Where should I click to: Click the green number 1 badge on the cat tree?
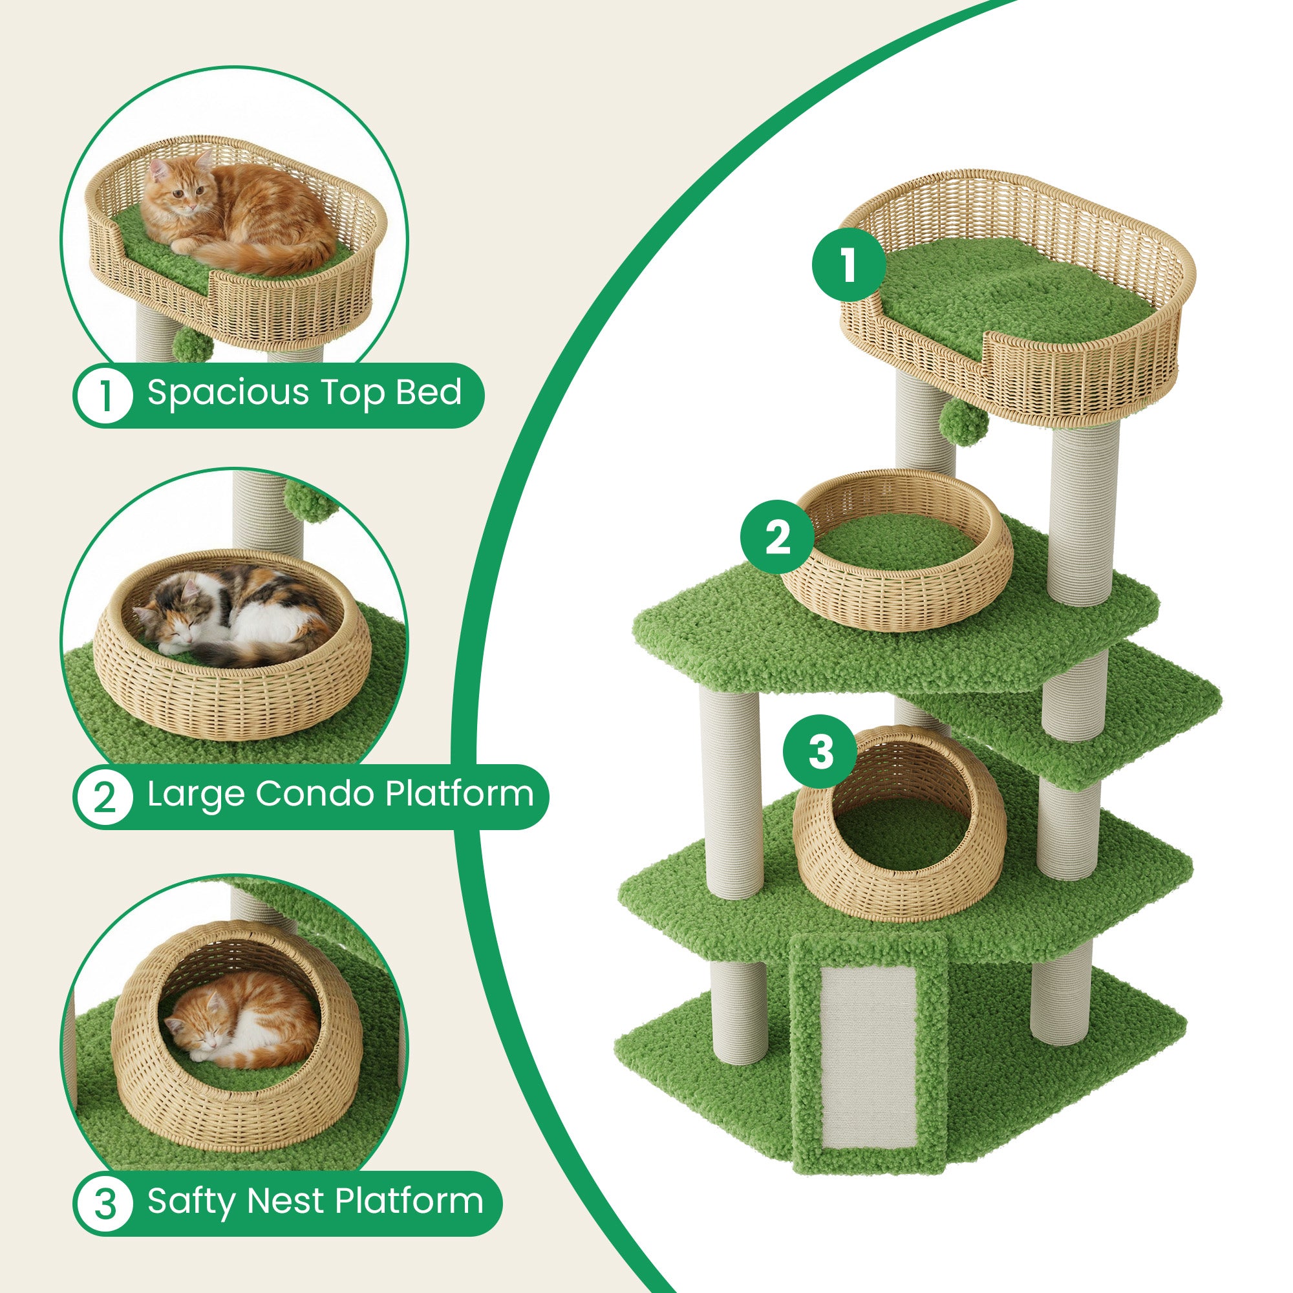point(849,265)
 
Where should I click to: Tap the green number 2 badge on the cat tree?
point(777,537)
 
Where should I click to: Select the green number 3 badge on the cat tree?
point(820,752)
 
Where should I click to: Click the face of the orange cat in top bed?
point(186,191)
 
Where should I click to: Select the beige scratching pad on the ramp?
point(868,1056)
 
